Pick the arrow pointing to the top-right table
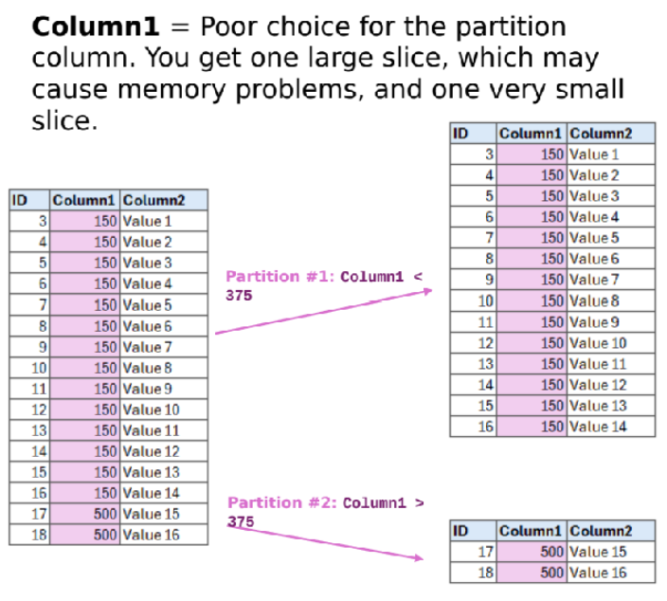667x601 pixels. point(322,312)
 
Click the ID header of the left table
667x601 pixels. point(19,200)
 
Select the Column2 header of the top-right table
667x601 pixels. point(601,134)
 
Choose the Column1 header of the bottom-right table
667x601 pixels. point(532,531)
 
